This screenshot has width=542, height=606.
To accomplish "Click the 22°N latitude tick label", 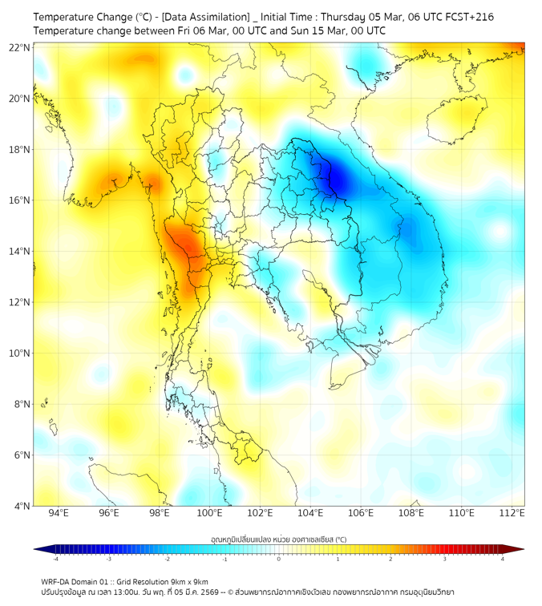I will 19,47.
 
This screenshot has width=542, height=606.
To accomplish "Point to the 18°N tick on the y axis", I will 19,150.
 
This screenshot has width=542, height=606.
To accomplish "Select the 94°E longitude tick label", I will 59,513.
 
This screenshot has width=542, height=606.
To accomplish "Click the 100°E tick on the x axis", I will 210,513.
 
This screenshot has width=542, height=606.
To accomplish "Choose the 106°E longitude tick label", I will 361,513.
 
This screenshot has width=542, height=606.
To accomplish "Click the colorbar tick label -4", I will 55,559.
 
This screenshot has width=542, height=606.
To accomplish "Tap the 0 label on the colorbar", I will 279,559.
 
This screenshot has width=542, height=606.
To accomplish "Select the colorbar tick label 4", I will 503,559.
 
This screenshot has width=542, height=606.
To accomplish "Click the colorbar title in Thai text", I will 278,539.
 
